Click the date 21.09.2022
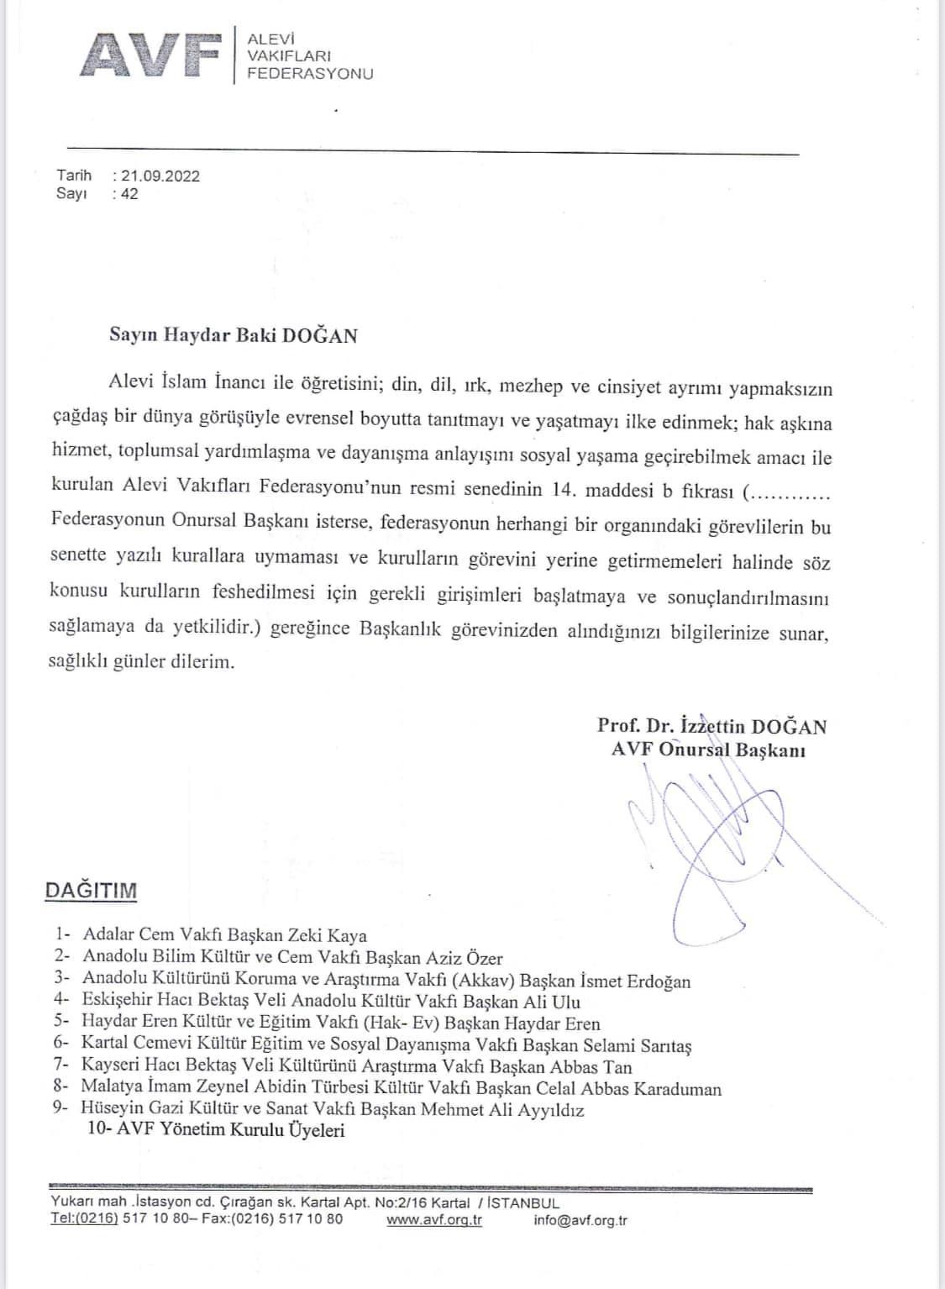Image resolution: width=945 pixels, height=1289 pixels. coord(160,176)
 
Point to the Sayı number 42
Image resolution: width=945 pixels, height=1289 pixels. coord(129,194)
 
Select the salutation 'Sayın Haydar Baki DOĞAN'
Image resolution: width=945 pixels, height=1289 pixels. coord(234,335)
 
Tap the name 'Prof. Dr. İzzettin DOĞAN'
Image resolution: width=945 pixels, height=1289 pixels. coord(711,726)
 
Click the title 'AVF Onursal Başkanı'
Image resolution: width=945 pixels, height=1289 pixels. coord(708,750)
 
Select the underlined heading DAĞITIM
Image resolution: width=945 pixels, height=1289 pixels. coord(91,892)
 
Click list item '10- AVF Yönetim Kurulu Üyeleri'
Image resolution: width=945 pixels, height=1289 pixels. coord(216,1131)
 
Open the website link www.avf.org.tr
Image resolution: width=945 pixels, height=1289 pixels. coord(434,1220)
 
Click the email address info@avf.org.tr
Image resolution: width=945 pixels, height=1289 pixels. coord(580,1220)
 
